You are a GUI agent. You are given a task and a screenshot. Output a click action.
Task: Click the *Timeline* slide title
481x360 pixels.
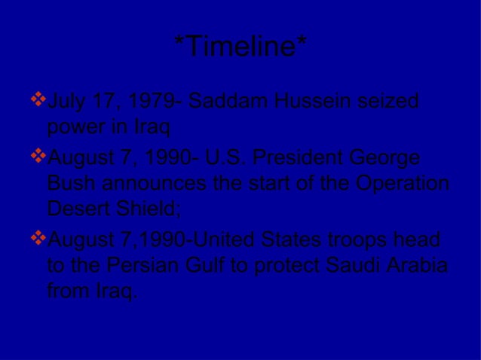pyautogui.click(x=240, y=48)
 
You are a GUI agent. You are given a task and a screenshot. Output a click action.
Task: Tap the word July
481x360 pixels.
pyautogui.click(x=66, y=102)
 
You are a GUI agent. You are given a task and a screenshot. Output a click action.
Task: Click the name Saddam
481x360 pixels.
pyautogui.click(x=222, y=102)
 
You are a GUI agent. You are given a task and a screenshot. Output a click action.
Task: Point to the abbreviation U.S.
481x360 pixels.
pyautogui.click(x=216, y=160)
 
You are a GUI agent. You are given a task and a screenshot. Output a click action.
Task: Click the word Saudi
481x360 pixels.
pyautogui.click(x=354, y=266)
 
